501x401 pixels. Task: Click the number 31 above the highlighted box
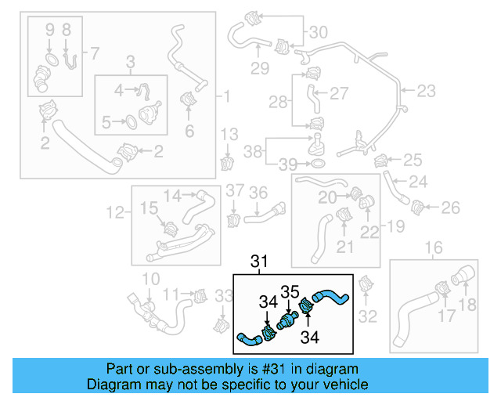pos(259,262)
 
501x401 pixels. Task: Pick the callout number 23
pos(426,92)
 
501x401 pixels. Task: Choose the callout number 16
pos(433,249)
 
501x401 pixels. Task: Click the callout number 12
pos(114,211)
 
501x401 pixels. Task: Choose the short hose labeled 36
pos(269,210)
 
